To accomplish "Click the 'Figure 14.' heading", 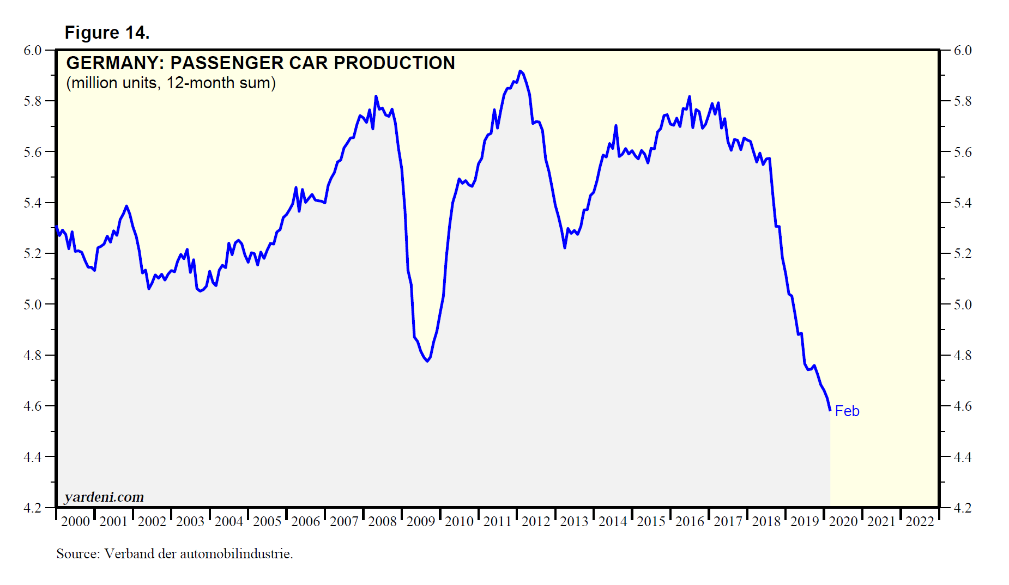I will point(107,33).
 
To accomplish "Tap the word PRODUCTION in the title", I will point(394,63).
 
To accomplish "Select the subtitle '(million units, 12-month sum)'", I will point(171,83).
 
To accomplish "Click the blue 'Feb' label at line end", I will point(847,411).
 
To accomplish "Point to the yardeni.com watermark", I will point(104,497).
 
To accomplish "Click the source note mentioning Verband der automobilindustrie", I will point(174,554).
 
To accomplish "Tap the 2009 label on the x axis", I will point(421,521).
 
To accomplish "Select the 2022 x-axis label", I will point(920,521).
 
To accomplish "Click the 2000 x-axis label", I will point(75,521).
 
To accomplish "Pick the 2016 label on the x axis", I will point(690,521).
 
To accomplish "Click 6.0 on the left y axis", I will point(33,50).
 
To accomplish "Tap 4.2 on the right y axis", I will point(963,508).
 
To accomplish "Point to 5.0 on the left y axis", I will point(33,304).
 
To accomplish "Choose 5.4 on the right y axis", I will point(963,203).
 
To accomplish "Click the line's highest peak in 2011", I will point(520,71).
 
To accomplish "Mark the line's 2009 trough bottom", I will point(427,361).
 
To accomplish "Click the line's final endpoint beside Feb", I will point(830,410).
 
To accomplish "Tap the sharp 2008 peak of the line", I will point(376,96).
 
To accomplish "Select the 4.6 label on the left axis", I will point(33,406).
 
